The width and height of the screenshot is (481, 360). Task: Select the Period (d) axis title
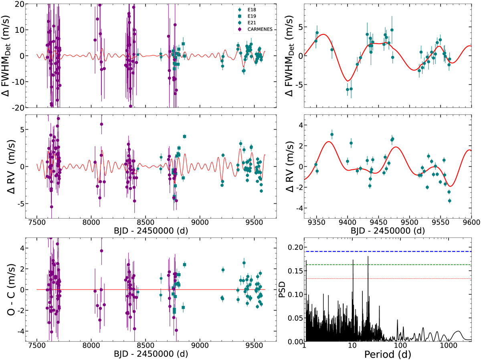(388, 354)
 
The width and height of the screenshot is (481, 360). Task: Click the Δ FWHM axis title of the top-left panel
(9, 55)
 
